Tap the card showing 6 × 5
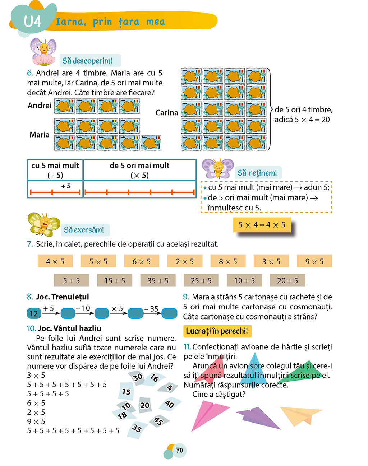142,261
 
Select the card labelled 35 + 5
158,280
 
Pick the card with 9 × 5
314,261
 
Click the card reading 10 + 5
244,280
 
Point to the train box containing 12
34,313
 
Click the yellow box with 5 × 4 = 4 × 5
262,225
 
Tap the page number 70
179,450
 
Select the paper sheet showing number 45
158,420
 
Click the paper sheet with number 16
154,378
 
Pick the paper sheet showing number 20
145,405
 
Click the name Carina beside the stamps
166,113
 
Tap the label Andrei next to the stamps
40,106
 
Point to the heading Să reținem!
257,173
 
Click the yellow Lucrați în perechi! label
217,331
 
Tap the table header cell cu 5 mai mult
55,170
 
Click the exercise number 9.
186,297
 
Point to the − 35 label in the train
151,308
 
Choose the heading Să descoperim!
87,61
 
